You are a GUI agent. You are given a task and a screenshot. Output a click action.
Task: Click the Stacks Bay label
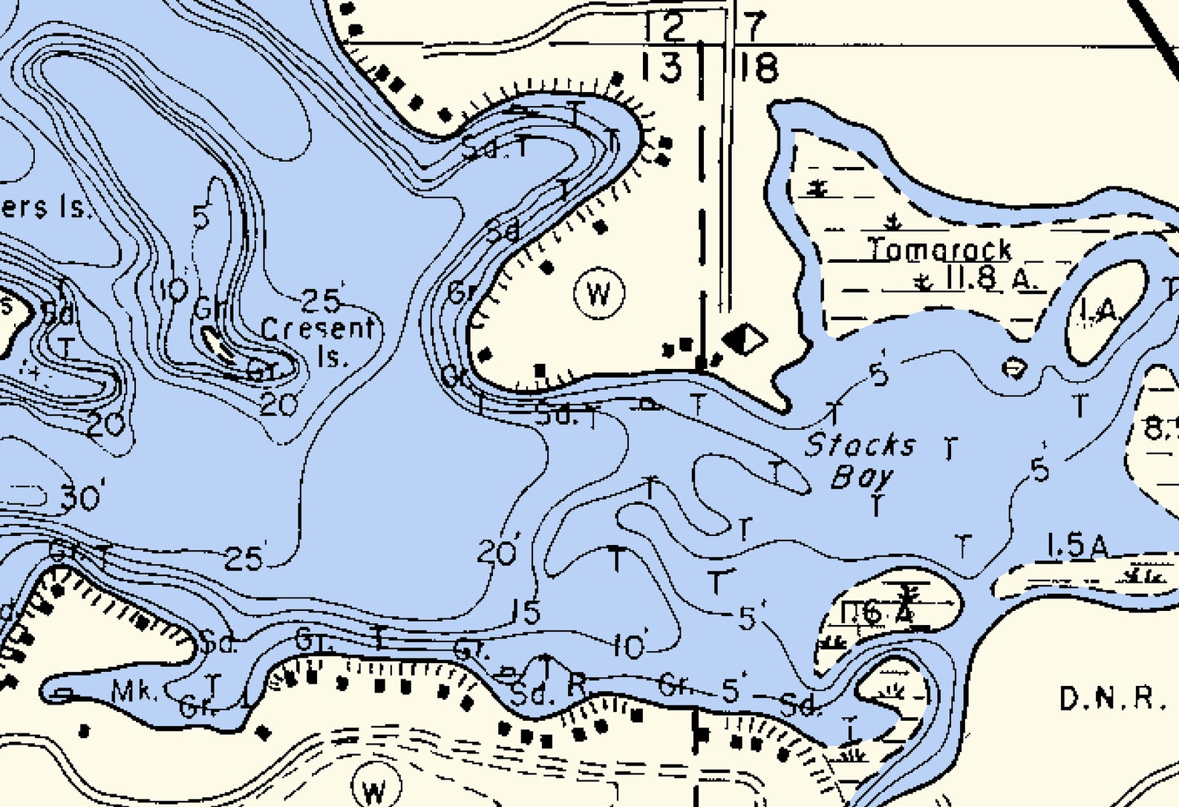click(x=861, y=460)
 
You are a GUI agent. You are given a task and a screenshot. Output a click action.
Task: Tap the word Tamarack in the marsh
click(x=939, y=249)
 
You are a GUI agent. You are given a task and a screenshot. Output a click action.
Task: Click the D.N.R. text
click(x=1111, y=699)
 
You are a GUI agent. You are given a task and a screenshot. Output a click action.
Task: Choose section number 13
click(x=661, y=67)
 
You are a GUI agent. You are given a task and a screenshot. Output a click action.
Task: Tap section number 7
click(x=753, y=26)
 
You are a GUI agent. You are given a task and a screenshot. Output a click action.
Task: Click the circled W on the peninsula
click(x=599, y=294)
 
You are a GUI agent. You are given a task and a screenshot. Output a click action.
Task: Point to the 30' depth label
click(x=82, y=497)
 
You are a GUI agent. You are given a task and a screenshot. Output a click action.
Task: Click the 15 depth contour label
click(x=526, y=612)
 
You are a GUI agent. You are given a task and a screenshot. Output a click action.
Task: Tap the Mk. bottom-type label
click(x=134, y=692)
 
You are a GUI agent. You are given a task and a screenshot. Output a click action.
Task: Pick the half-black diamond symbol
click(x=744, y=340)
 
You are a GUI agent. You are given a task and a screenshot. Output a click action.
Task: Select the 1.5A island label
click(x=1077, y=546)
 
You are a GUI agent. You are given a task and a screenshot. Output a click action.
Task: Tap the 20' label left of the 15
click(x=498, y=552)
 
